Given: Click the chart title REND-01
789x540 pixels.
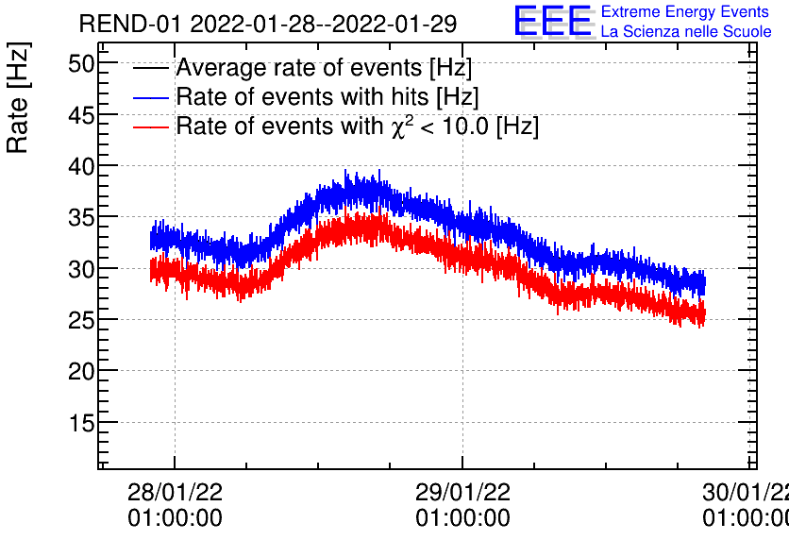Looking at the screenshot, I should point(267,24).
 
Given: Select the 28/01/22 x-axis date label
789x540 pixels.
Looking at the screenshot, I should point(175,493).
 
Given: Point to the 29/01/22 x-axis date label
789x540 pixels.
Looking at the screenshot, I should point(462,493).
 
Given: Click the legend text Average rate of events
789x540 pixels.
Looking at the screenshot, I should point(324,68).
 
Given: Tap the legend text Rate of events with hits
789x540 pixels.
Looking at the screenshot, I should point(327,97).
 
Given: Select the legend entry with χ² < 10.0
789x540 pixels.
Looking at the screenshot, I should point(357,127).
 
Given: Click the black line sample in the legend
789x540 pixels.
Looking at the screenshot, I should point(152,69).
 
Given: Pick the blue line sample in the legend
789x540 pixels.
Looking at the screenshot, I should point(152,98).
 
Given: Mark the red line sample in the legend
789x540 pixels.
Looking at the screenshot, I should point(152,127).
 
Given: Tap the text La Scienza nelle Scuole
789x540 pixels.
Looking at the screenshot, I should point(686,32).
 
